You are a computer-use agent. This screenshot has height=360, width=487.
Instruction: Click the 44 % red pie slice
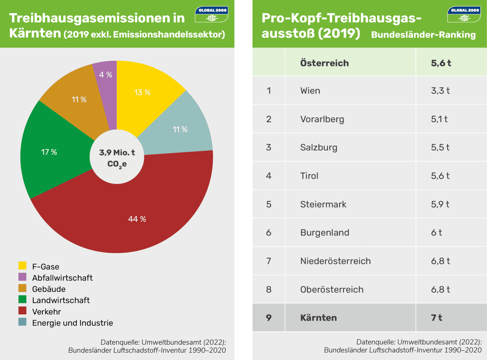[x=137, y=219]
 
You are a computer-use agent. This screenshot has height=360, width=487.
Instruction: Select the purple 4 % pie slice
[x=106, y=75]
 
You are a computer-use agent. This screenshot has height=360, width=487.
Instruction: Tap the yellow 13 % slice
[x=142, y=93]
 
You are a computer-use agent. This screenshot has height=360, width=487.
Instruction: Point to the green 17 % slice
[x=49, y=152]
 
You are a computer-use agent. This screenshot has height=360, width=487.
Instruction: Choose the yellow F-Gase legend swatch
[x=22, y=266]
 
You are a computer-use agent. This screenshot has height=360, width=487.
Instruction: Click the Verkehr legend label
[x=47, y=312]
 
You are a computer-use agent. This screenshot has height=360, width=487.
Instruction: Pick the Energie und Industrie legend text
[x=72, y=323]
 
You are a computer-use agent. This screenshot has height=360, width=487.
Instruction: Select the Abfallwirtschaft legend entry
[x=62, y=278]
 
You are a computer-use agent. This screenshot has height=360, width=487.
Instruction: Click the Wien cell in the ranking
[x=310, y=91]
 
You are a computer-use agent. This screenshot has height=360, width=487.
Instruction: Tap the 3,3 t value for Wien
[x=440, y=91]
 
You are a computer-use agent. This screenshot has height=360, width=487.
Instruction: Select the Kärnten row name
[x=319, y=318]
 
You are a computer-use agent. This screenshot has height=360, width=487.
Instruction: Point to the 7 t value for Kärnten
[x=437, y=318]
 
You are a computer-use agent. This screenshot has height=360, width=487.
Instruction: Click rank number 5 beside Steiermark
[x=269, y=204]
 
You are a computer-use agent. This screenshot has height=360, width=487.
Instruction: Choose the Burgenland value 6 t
[x=437, y=233]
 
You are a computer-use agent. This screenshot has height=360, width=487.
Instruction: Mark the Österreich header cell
[x=325, y=63]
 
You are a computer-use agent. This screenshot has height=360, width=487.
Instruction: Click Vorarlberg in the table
[x=322, y=119]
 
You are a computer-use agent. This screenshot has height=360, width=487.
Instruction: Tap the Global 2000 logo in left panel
[x=211, y=14]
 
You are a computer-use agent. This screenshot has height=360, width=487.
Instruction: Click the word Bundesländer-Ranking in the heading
[x=423, y=35]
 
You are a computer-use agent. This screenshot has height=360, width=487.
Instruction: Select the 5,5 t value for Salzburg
[x=440, y=147]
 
